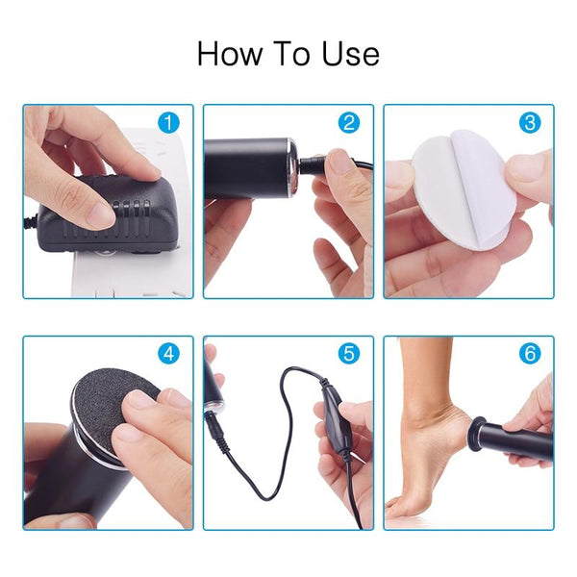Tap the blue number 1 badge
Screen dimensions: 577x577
coord(169,124)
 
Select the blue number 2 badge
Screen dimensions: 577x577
coord(349,124)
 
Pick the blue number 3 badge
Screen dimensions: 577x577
coord(530,124)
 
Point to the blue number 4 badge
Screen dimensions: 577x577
coord(169,354)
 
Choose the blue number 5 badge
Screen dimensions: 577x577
coord(349,354)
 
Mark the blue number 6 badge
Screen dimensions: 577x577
coord(530,354)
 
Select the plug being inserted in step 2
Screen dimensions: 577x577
coord(313,164)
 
